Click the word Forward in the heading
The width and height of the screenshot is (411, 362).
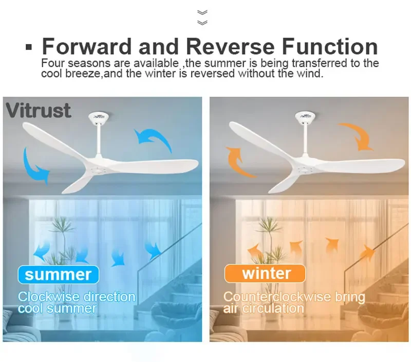point(87,47)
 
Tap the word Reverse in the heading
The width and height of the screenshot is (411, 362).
point(230,47)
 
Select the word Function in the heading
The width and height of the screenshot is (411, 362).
point(330,46)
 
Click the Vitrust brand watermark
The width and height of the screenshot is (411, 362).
point(38,110)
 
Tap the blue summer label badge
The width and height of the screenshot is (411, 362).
point(58,274)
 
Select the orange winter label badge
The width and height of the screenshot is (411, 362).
point(265,273)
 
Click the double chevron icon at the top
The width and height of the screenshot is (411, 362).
point(202,17)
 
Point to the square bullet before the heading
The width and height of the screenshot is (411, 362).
point(29,47)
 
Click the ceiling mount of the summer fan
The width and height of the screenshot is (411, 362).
point(97,117)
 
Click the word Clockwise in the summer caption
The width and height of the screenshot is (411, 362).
point(48,297)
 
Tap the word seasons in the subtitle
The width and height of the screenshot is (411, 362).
point(89,64)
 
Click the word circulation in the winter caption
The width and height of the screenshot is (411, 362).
point(273,309)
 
